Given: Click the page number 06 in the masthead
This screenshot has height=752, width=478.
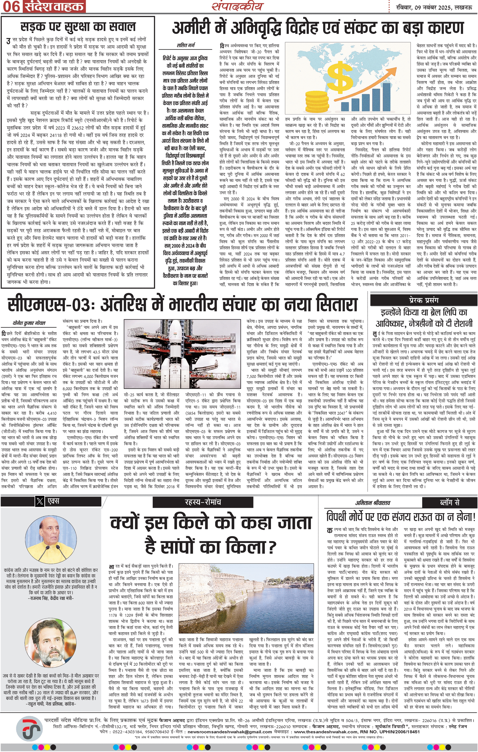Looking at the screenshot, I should pyautogui.click(x=11, y=7).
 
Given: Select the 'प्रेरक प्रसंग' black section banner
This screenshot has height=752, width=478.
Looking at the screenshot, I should pyautogui.click(x=423, y=300).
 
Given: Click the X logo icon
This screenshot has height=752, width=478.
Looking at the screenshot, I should pyautogui.click(x=40, y=501).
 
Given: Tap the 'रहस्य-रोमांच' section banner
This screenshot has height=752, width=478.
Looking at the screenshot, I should pyautogui.click(x=202, y=502).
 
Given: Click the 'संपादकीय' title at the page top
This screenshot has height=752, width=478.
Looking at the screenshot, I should pyautogui.click(x=238, y=6).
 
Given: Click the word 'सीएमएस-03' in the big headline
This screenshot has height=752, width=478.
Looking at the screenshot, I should pyautogui.click(x=52, y=304).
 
